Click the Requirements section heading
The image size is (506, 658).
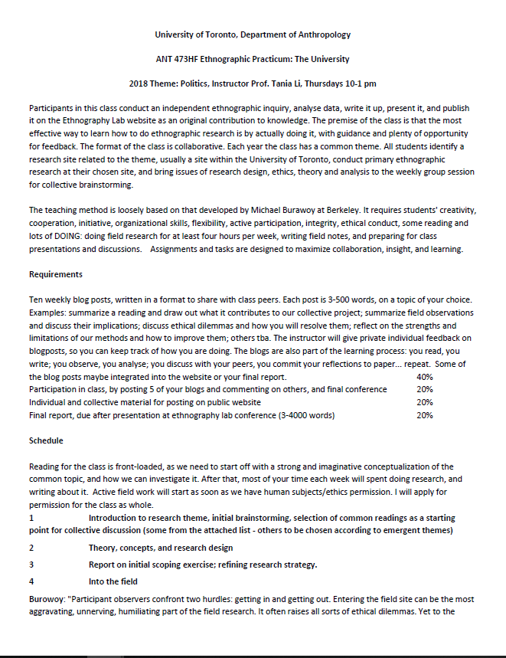coord(56,274)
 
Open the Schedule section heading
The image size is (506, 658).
coord(46,440)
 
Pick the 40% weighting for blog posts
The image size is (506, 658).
coord(424,377)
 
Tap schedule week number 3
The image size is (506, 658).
coord(31,565)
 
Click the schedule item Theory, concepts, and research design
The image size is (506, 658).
coord(161,548)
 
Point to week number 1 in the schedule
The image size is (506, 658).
coord(31,519)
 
